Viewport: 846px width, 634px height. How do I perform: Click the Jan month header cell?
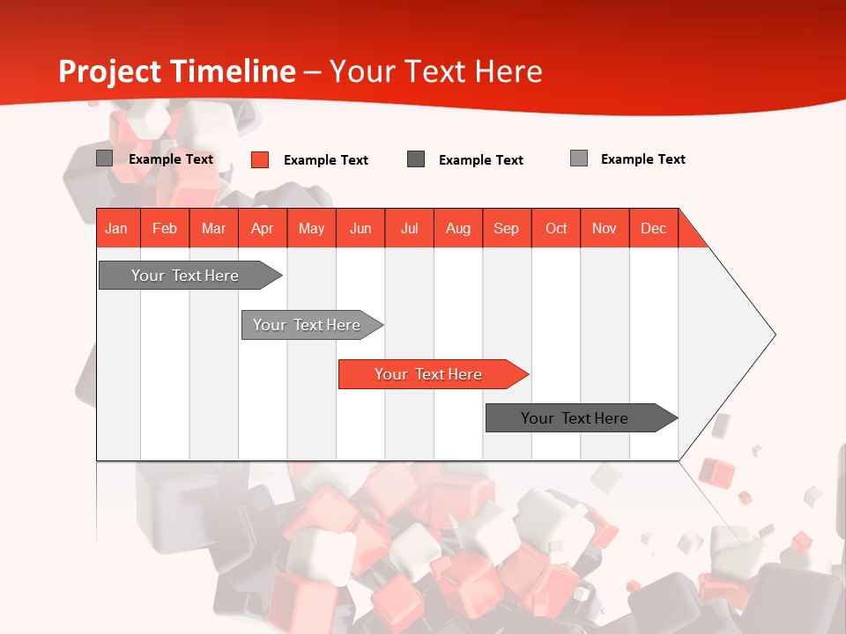117,228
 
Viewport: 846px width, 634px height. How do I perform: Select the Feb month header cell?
165,228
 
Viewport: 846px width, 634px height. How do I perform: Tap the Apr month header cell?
263,228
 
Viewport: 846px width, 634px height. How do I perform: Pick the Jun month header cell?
360,228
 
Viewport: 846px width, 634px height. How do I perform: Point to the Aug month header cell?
458,228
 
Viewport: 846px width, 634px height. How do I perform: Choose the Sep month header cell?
507,228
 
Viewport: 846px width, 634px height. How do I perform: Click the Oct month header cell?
556,228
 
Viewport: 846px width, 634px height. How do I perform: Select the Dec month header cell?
654,228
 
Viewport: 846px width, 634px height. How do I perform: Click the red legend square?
260,159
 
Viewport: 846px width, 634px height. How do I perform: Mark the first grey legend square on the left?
105,158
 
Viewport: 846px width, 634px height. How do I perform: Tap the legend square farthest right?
579,158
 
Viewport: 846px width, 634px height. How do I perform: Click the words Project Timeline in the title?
176,71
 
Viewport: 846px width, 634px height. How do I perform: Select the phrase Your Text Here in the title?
435,71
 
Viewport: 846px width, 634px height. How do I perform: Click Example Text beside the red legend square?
326,160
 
